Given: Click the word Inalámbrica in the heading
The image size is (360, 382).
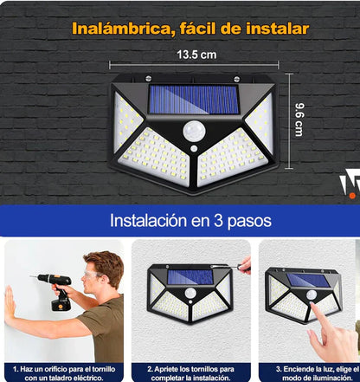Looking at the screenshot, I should tap(120, 29).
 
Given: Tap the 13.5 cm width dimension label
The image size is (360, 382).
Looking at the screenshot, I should tap(198, 55).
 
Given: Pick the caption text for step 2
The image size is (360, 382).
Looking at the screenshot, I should tap(191, 372).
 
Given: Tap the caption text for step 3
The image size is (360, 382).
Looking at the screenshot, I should tap(311, 372).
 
